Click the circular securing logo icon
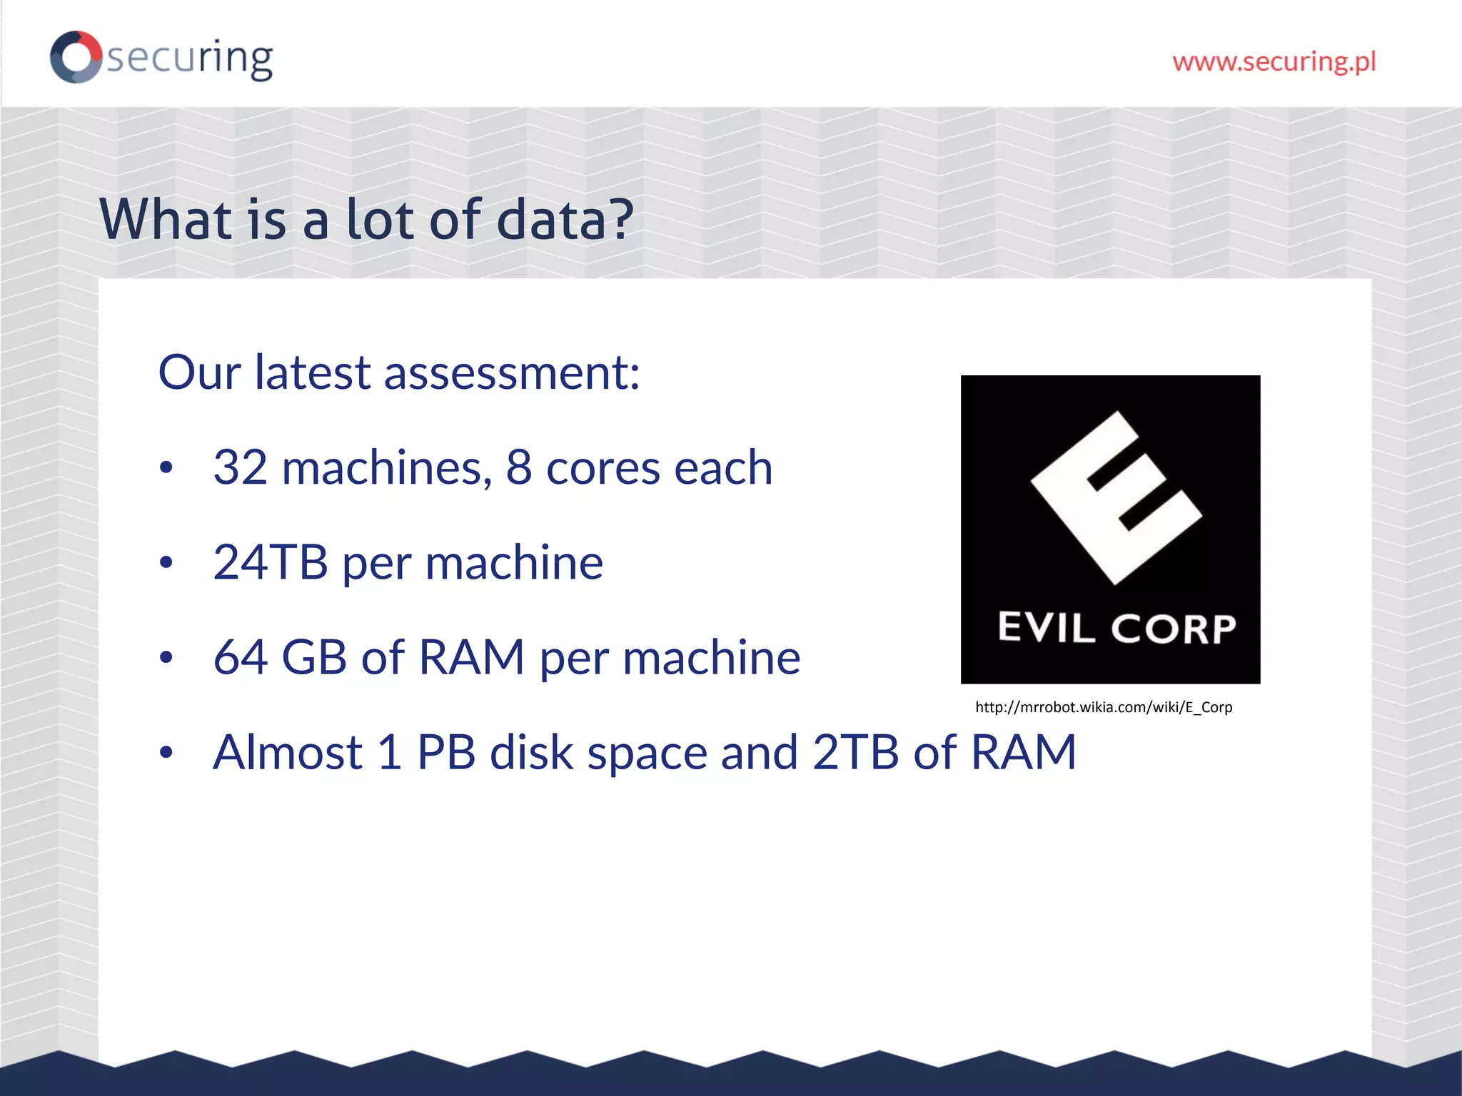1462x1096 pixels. click(x=76, y=57)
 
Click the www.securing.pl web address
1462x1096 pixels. click(x=1274, y=62)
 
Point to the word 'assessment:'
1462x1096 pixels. click(x=512, y=372)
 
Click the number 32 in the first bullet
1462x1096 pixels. click(x=241, y=468)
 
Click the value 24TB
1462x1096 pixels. click(x=271, y=562)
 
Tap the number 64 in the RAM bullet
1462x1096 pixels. click(x=241, y=657)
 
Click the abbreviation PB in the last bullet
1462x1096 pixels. click(x=446, y=752)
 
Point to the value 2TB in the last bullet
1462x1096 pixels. click(x=855, y=752)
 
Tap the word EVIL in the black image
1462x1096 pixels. click(x=1046, y=628)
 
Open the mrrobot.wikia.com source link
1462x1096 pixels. click(x=1104, y=707)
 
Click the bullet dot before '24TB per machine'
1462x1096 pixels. click(x=166, y=563)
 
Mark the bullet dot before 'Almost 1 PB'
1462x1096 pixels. click(x=166, y=752)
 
